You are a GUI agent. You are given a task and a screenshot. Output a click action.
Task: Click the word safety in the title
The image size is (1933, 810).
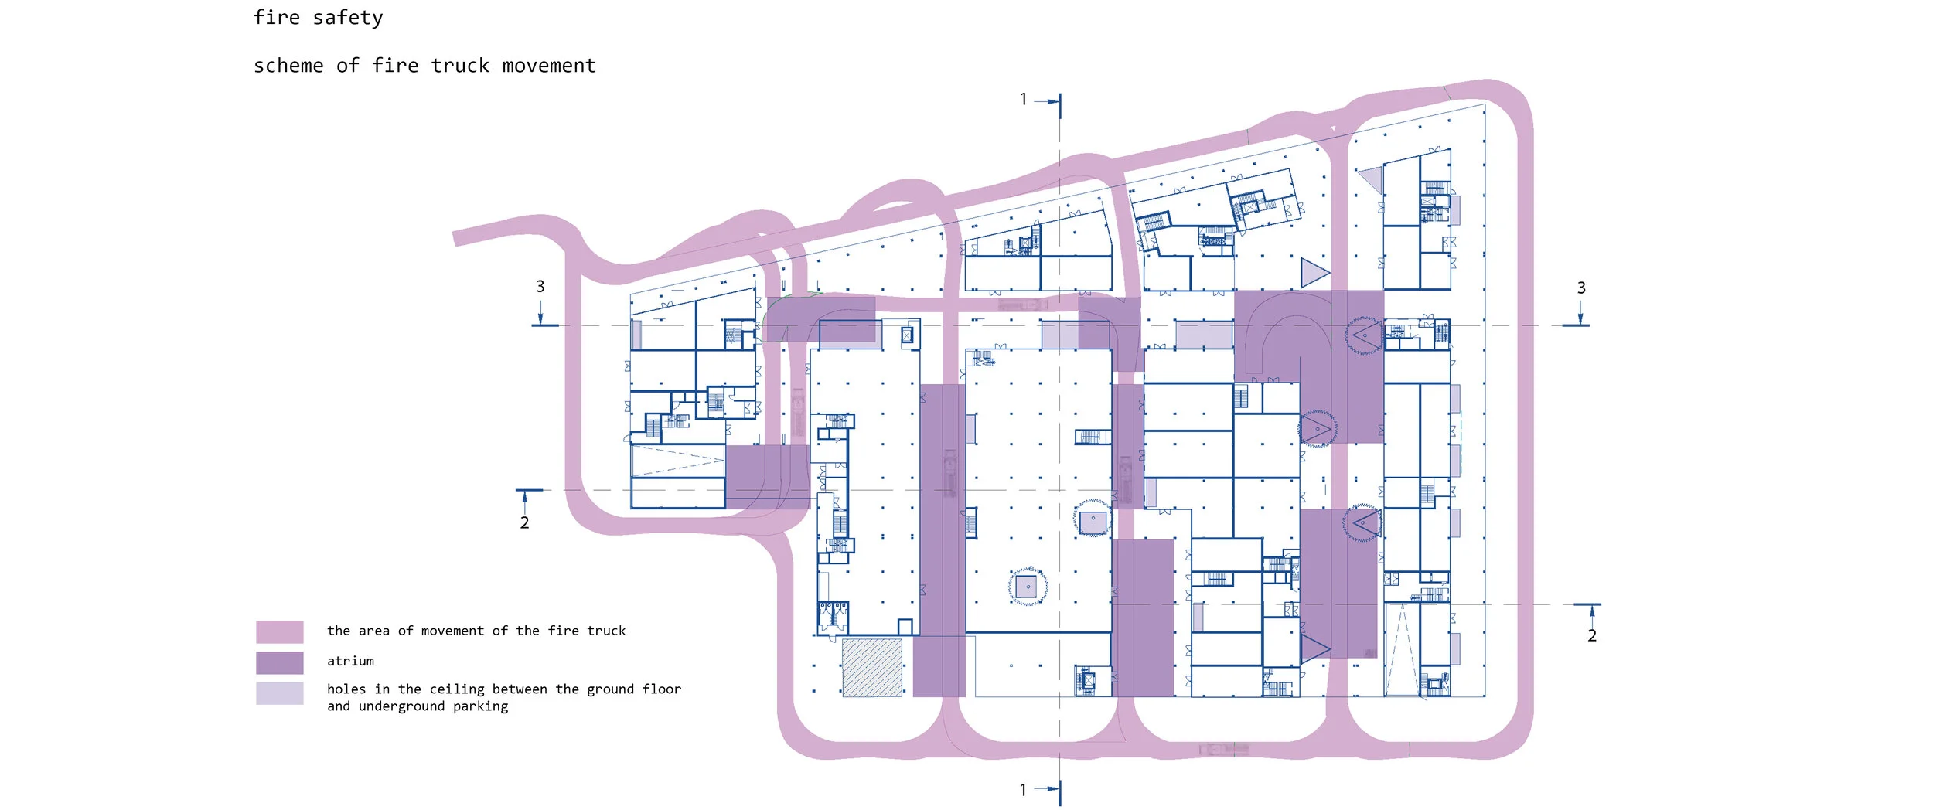point(348,18)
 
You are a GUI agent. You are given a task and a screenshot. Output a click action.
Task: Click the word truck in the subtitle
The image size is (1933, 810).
point(460,66)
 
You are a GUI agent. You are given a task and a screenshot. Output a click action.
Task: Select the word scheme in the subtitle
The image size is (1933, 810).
point(288,66)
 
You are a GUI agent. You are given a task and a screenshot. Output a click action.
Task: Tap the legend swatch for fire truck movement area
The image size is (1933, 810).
point(280,631)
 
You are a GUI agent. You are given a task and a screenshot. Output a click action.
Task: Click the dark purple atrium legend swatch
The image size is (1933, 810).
point(280,662)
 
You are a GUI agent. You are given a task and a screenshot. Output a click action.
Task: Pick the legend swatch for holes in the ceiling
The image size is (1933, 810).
point(280,693)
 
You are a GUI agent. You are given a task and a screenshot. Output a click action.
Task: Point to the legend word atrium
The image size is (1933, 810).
point(350,661)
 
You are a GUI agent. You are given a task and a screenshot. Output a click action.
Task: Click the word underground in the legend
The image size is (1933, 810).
point(402,706)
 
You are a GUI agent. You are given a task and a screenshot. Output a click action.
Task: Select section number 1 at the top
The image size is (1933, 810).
point(1024,99)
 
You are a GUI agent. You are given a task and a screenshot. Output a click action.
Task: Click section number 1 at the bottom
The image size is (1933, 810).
point(1023,790)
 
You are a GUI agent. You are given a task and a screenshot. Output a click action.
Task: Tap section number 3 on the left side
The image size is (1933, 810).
point(540,287)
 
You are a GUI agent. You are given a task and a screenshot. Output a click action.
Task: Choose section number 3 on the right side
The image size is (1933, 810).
point(1581,288)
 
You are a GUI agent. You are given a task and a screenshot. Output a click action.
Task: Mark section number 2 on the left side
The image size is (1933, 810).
point(524,523)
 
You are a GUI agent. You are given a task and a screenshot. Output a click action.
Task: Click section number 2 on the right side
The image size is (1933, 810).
point(1592,636)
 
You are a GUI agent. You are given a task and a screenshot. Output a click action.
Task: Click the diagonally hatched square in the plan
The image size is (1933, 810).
point(872,668)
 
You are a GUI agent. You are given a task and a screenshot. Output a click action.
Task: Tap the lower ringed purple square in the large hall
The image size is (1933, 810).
point(1028,587)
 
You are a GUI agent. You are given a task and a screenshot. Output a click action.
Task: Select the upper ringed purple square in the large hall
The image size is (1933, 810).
point(1093,519)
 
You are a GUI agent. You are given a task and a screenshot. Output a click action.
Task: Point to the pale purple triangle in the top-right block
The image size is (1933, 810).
point(1371,179)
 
